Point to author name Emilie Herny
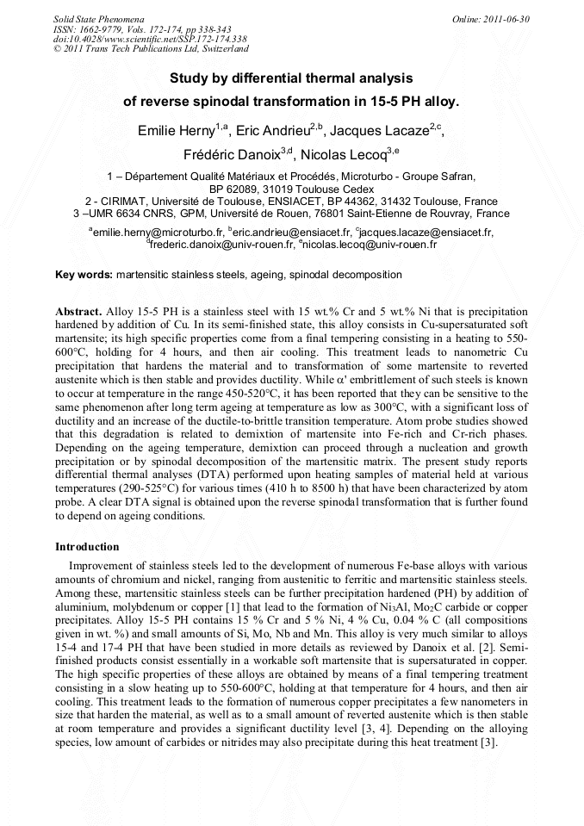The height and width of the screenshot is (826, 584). coord(176,131)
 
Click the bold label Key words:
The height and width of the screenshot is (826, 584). coord(84,275)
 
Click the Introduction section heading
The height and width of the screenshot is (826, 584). coord(87,547)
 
